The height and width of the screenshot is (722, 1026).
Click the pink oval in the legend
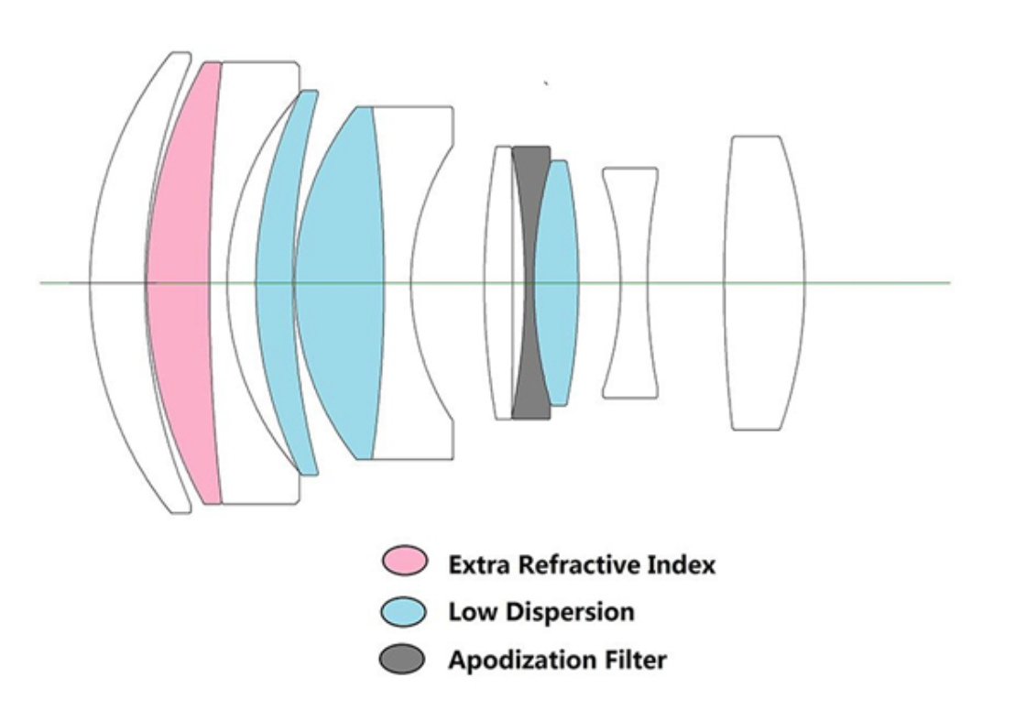point(404,563)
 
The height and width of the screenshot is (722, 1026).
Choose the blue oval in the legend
point(404,611)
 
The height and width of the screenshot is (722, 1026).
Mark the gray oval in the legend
point(404,659)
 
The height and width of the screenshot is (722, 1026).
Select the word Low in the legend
point(469,612)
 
